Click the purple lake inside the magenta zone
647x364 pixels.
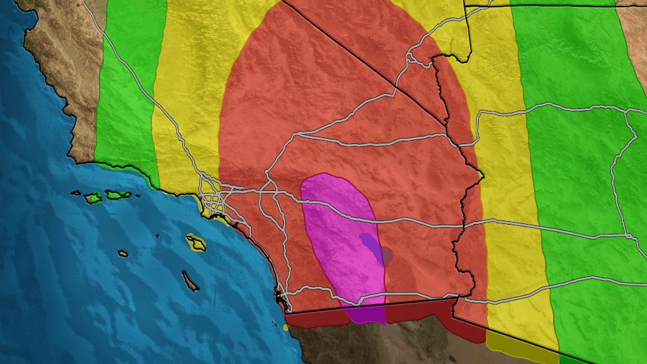click(371, 246)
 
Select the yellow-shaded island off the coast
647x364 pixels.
click(196, 242)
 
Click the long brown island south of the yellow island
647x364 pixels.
click(191, 282)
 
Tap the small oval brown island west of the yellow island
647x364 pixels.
click(123, 253)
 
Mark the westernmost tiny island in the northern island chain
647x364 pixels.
click(75, 193)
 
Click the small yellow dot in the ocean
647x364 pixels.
click(285, 327)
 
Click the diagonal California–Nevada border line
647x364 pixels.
click(370, 59)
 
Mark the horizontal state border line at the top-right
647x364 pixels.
click(555, 5)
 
